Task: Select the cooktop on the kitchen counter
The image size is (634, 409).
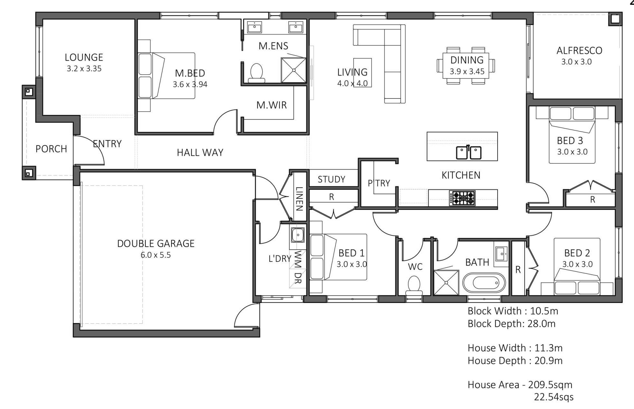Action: pyautogui.click(x=462, y=198)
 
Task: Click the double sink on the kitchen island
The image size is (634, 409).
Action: pyautogui.click(x=469, y=153)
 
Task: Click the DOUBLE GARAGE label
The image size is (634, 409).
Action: pyautogui.click(x=156, y=244)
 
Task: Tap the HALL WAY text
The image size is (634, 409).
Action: pyautogui.click(x=200, y=153)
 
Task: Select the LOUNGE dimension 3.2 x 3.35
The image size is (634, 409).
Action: pyautogui.click(x=84, y=69)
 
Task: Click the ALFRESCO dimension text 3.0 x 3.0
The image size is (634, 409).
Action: pyautogui.click(x=576, y=62)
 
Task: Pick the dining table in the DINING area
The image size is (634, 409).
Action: pyautogui.click(x=465, y=66)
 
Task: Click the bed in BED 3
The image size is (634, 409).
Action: pyautogui.click(x=572, y=135)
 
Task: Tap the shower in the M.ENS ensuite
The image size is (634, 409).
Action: pyautogui.click(x=293, y=70)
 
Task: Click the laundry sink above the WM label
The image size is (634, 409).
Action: pyautogui.click(x=298, y=235)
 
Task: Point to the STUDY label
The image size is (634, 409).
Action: pyautogui.click(x=331, y=179)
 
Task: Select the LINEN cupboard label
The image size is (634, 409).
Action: pyautogui.click(x=299, y=199)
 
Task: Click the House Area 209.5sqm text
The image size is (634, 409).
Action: pyautogui.click(x=520, y=385)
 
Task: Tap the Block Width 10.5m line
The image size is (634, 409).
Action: pyautogui.click(x=513, y=311)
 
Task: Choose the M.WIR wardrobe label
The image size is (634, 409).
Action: pyautogui.click(x=271, y=105)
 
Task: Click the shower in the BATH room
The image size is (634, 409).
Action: pyautogui.click(x=446, y=282)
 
